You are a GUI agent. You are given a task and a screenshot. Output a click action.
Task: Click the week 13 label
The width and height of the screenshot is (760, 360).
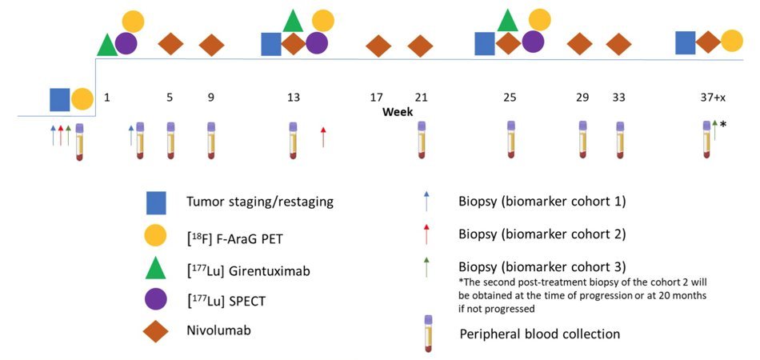coord(294,98)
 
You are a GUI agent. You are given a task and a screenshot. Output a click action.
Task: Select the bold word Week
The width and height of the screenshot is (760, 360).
coord(398,112)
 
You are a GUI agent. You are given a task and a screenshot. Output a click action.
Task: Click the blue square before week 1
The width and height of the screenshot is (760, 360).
coord(60,99)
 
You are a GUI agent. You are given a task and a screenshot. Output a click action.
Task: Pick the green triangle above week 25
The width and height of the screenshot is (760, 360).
coord(508,20)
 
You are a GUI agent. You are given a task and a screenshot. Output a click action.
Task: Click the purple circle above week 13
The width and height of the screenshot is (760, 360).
coord(317,44)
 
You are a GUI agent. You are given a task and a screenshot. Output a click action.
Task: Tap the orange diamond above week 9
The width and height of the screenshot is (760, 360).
coord(212,45)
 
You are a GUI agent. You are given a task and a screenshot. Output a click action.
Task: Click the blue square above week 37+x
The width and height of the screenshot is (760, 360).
coord(686,42)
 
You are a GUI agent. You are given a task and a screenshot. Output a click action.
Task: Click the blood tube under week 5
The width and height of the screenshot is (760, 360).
coord(170,141)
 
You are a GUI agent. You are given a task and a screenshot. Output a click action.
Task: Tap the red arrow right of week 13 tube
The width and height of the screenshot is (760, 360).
coord(323,137)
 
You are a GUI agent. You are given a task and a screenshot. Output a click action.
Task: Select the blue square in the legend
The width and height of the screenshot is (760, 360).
coord(157,203)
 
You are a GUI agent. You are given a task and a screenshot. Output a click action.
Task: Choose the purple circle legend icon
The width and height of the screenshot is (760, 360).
coord(157,300)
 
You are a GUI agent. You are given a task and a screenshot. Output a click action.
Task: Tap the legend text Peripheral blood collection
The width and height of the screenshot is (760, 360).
coord(539,334)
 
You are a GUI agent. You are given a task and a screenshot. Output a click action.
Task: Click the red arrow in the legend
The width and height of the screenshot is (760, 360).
coord(426,234)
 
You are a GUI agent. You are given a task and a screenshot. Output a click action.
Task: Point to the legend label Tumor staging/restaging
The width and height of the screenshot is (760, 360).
coord(260,202)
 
